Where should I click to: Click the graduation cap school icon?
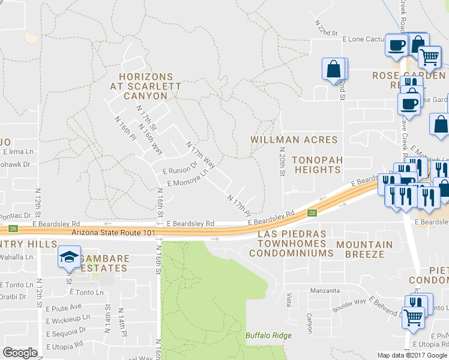tap(69, 257)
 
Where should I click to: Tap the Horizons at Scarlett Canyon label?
tap(145, 86)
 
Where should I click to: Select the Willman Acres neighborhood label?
tap(294, 140)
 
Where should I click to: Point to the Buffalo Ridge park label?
tap(268, 335)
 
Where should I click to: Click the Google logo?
tap(20, 352)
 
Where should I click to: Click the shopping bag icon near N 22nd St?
tap(334, 69)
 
